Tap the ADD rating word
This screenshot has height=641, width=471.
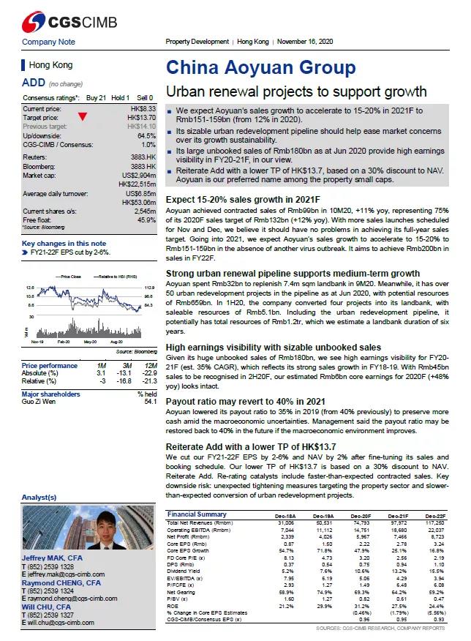point(34,83)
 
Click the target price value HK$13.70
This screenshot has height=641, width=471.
point(141,117)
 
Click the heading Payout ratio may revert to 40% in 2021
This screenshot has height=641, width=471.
point(245,402)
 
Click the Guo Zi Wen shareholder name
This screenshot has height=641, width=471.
point(39,402)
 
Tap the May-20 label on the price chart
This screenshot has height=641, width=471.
point(90,341)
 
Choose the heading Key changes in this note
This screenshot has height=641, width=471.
point(64,243)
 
